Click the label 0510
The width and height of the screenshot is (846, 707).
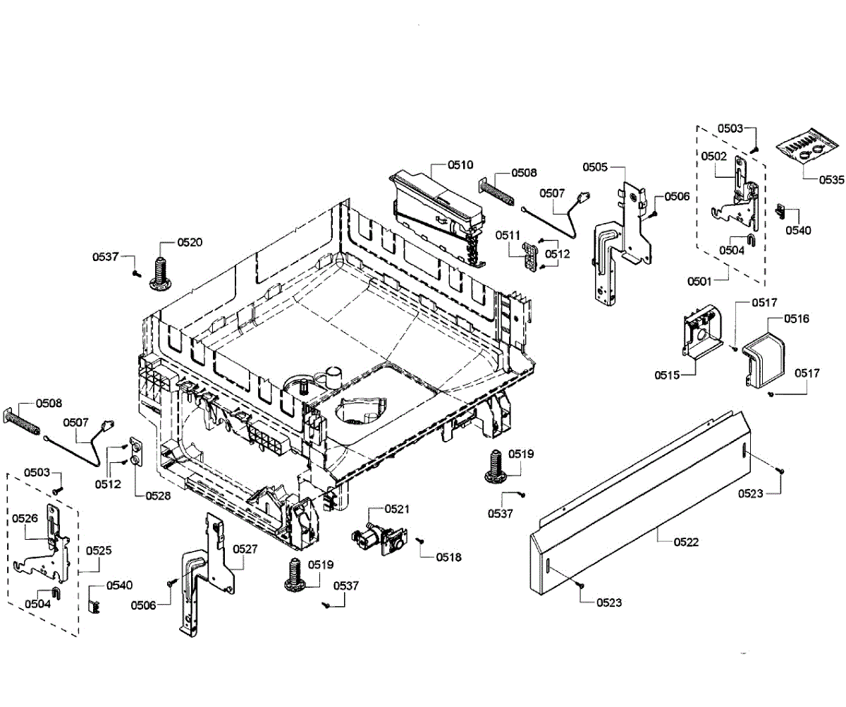(460, 165)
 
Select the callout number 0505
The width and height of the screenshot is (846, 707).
(595, 167)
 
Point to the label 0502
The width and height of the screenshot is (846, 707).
(713, 155)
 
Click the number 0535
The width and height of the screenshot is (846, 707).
(830, 179)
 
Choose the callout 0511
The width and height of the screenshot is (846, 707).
(507, 235)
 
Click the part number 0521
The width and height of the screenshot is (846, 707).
(397, 509)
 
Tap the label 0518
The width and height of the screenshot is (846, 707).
(448, 557)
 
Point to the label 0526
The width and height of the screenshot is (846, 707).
(25, 519)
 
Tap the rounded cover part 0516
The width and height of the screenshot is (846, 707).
(763, 358)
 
